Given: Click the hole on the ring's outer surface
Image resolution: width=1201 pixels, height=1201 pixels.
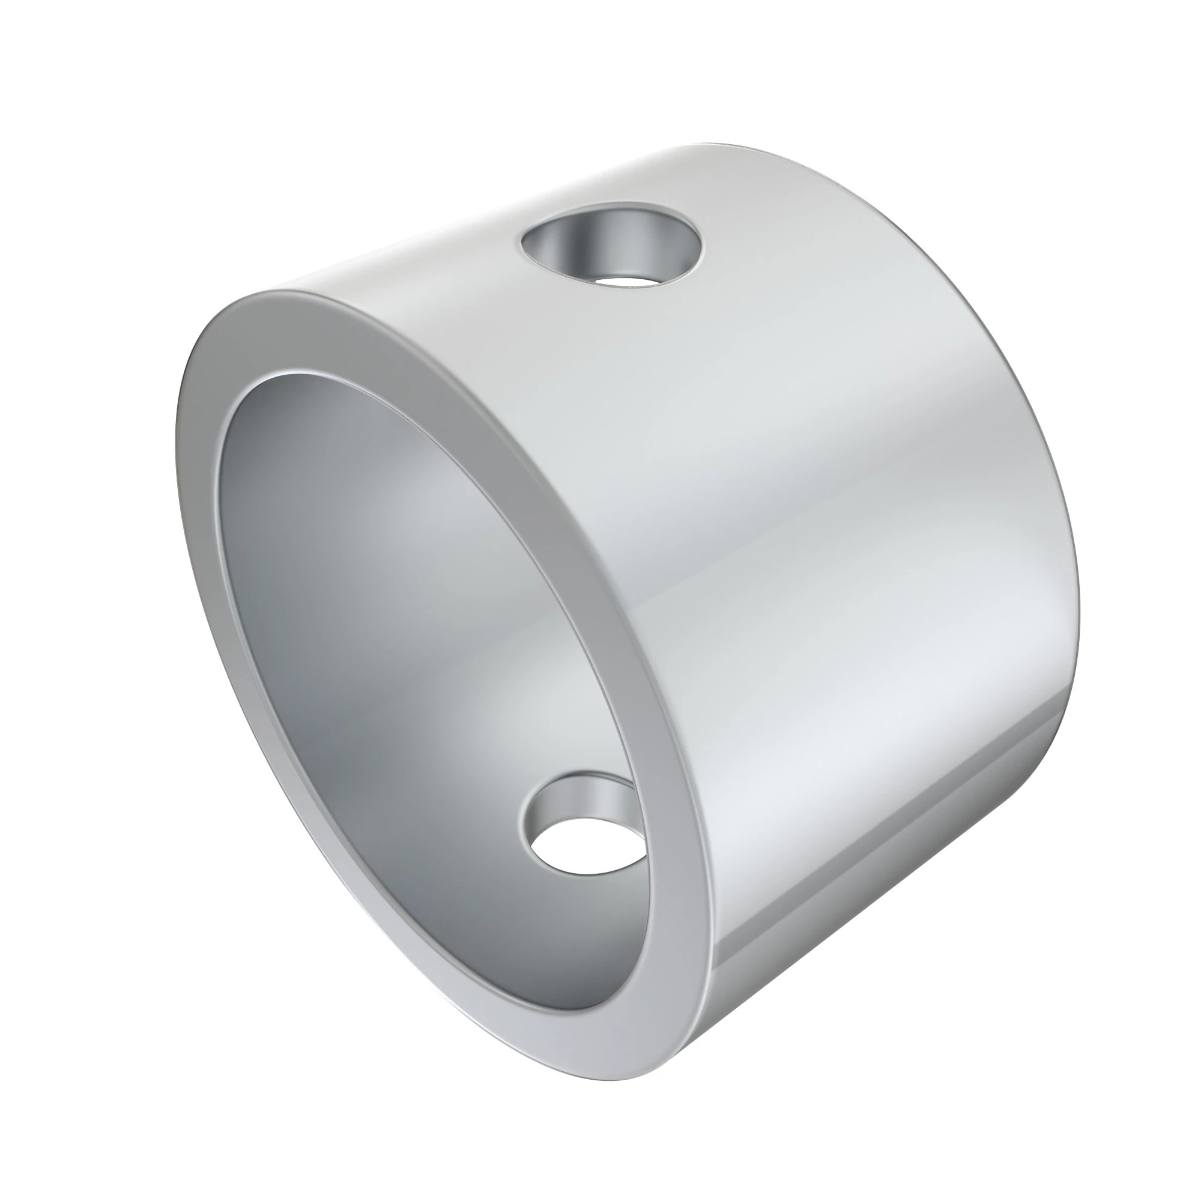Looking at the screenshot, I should pyautogui.click(x=613, y=249).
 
